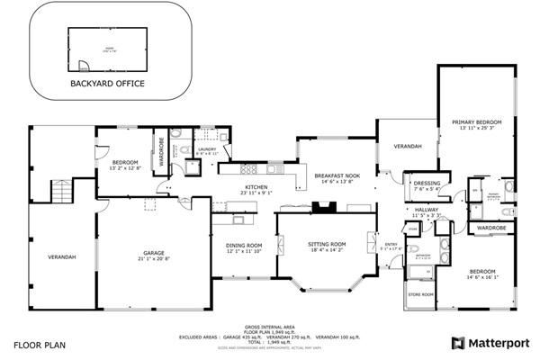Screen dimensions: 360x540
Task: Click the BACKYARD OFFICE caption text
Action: [107, 84]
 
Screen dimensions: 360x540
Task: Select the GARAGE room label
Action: [151, 254]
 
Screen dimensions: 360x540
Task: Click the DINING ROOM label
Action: [243, 246]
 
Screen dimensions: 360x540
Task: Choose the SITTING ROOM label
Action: [327, 245]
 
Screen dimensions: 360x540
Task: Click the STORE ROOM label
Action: [420, 294]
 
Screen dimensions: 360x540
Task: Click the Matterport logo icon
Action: [458, 343]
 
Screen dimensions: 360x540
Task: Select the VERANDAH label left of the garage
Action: [62, 257]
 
